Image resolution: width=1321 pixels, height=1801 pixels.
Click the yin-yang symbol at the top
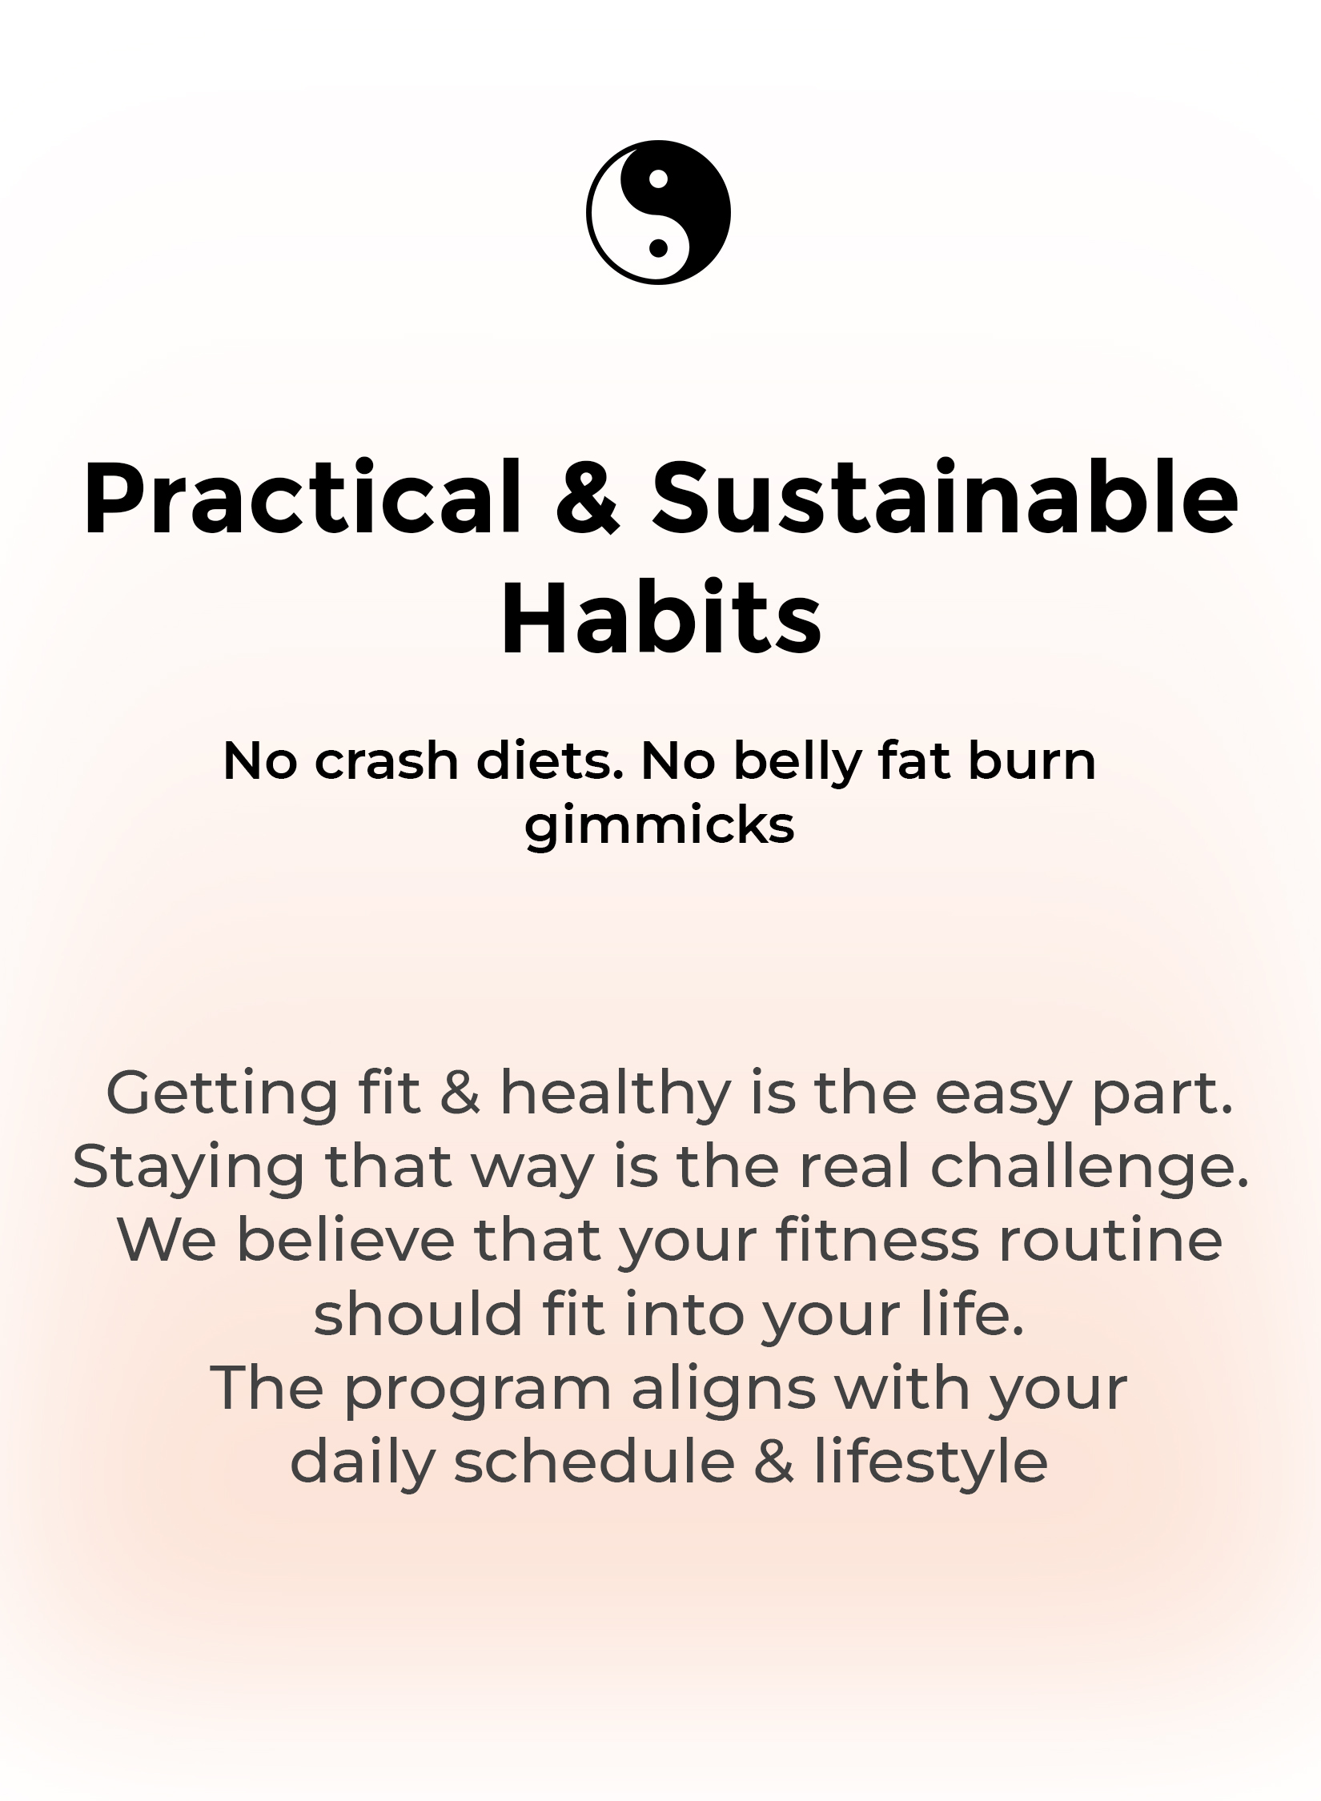[658, 212]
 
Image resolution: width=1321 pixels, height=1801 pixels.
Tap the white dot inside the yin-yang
[658, 178]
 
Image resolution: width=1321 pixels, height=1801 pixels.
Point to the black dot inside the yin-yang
[658, 248]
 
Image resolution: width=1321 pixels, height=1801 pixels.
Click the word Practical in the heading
[302, 496]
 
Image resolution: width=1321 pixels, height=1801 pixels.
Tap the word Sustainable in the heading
[946, 496]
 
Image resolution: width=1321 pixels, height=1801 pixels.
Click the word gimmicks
[660, 827]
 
